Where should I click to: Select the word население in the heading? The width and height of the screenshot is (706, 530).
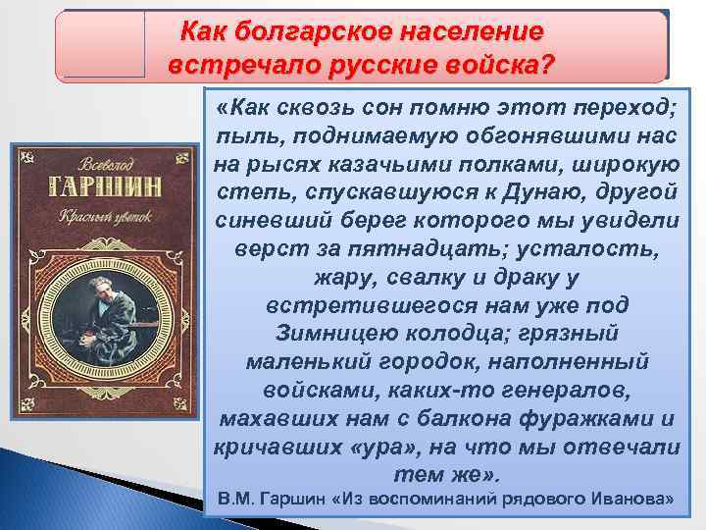point(470,30)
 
